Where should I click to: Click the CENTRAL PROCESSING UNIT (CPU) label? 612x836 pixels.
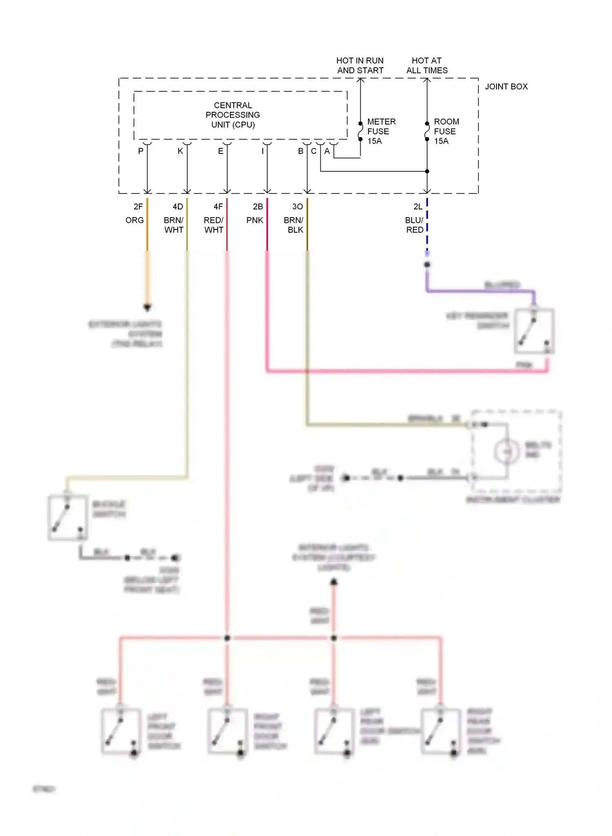[233, 115]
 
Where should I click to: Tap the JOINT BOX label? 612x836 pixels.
[506, 87]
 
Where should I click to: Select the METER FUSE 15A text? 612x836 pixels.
[381, 131]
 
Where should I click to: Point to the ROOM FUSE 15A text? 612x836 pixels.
[446, 131]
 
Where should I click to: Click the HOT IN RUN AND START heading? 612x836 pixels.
[360, 65]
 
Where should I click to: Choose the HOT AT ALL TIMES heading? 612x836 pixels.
[427, 65]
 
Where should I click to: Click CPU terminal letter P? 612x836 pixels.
[141, 151]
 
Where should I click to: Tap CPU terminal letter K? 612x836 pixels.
[180, 151]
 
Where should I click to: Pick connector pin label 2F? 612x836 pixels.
[138, 207]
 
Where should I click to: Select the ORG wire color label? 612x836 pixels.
[135, 220]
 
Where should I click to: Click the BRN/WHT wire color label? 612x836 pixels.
[174, 225]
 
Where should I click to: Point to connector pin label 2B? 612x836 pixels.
[258, 207]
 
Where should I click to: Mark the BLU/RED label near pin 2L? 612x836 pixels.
[415, 225]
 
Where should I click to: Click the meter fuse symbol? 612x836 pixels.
[360, 131]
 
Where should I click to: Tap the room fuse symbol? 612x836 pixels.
[427, 131]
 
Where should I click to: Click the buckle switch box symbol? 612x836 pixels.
[68, 518]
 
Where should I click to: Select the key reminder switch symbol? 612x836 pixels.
[534, 331]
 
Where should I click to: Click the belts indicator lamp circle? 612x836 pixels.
[507, 451]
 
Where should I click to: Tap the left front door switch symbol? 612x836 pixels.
[121, 731]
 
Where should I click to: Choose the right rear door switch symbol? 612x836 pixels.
[441, 731]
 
